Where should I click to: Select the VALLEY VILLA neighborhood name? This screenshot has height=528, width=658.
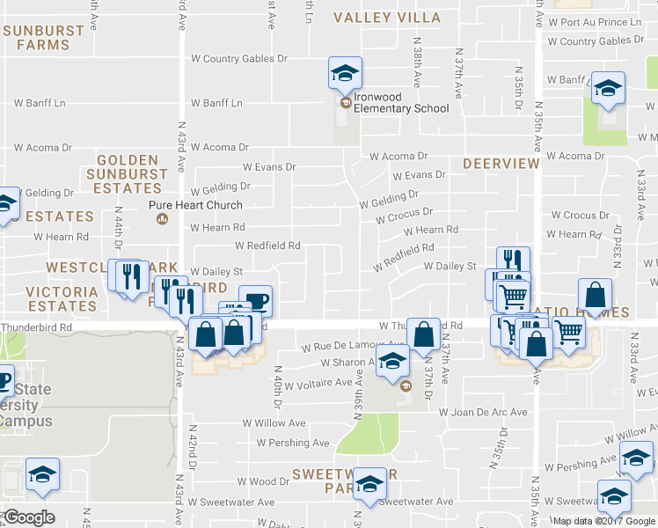point(387,18)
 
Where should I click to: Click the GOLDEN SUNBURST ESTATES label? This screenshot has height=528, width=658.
point(128,174)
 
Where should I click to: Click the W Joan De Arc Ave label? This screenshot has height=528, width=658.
point(483,412)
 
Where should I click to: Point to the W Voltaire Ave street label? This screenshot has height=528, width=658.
point(314,383)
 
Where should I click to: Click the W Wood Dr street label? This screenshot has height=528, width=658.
point(263,481)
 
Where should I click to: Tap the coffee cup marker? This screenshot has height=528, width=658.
point(256,301)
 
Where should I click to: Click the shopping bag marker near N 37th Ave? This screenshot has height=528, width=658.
point(424,334)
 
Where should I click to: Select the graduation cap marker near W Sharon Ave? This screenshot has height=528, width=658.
point(393,362)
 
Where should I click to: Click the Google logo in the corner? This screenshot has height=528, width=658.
point(29,517)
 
